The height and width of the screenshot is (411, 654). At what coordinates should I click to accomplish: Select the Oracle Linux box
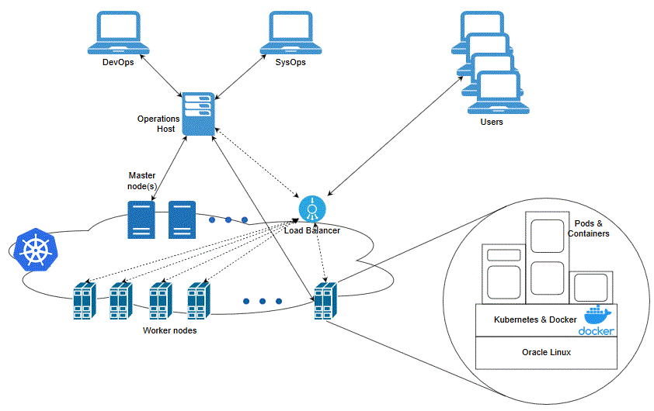546,353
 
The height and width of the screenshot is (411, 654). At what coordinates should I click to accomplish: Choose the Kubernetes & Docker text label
535,319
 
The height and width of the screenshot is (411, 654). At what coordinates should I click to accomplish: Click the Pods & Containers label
588,228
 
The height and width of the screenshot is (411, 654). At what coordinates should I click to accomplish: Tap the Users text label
492,122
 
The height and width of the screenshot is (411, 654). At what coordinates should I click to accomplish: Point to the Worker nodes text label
169,330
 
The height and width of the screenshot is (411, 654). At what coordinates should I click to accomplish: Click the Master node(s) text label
142,181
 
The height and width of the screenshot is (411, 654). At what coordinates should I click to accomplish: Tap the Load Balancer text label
311,230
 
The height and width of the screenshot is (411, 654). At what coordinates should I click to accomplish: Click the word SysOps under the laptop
290,63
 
